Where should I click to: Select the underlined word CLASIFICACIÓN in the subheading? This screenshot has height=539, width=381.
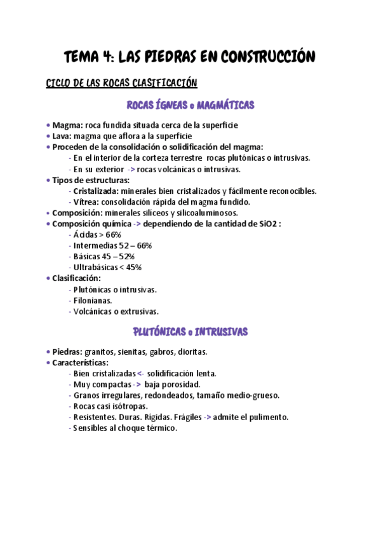point(158,83)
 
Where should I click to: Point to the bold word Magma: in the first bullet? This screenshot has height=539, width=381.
point(67,125)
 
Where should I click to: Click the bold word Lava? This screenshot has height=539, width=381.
point(63,136)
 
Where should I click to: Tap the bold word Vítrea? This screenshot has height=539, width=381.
point(86,201)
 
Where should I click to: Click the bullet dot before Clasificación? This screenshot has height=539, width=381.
point(49,278)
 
